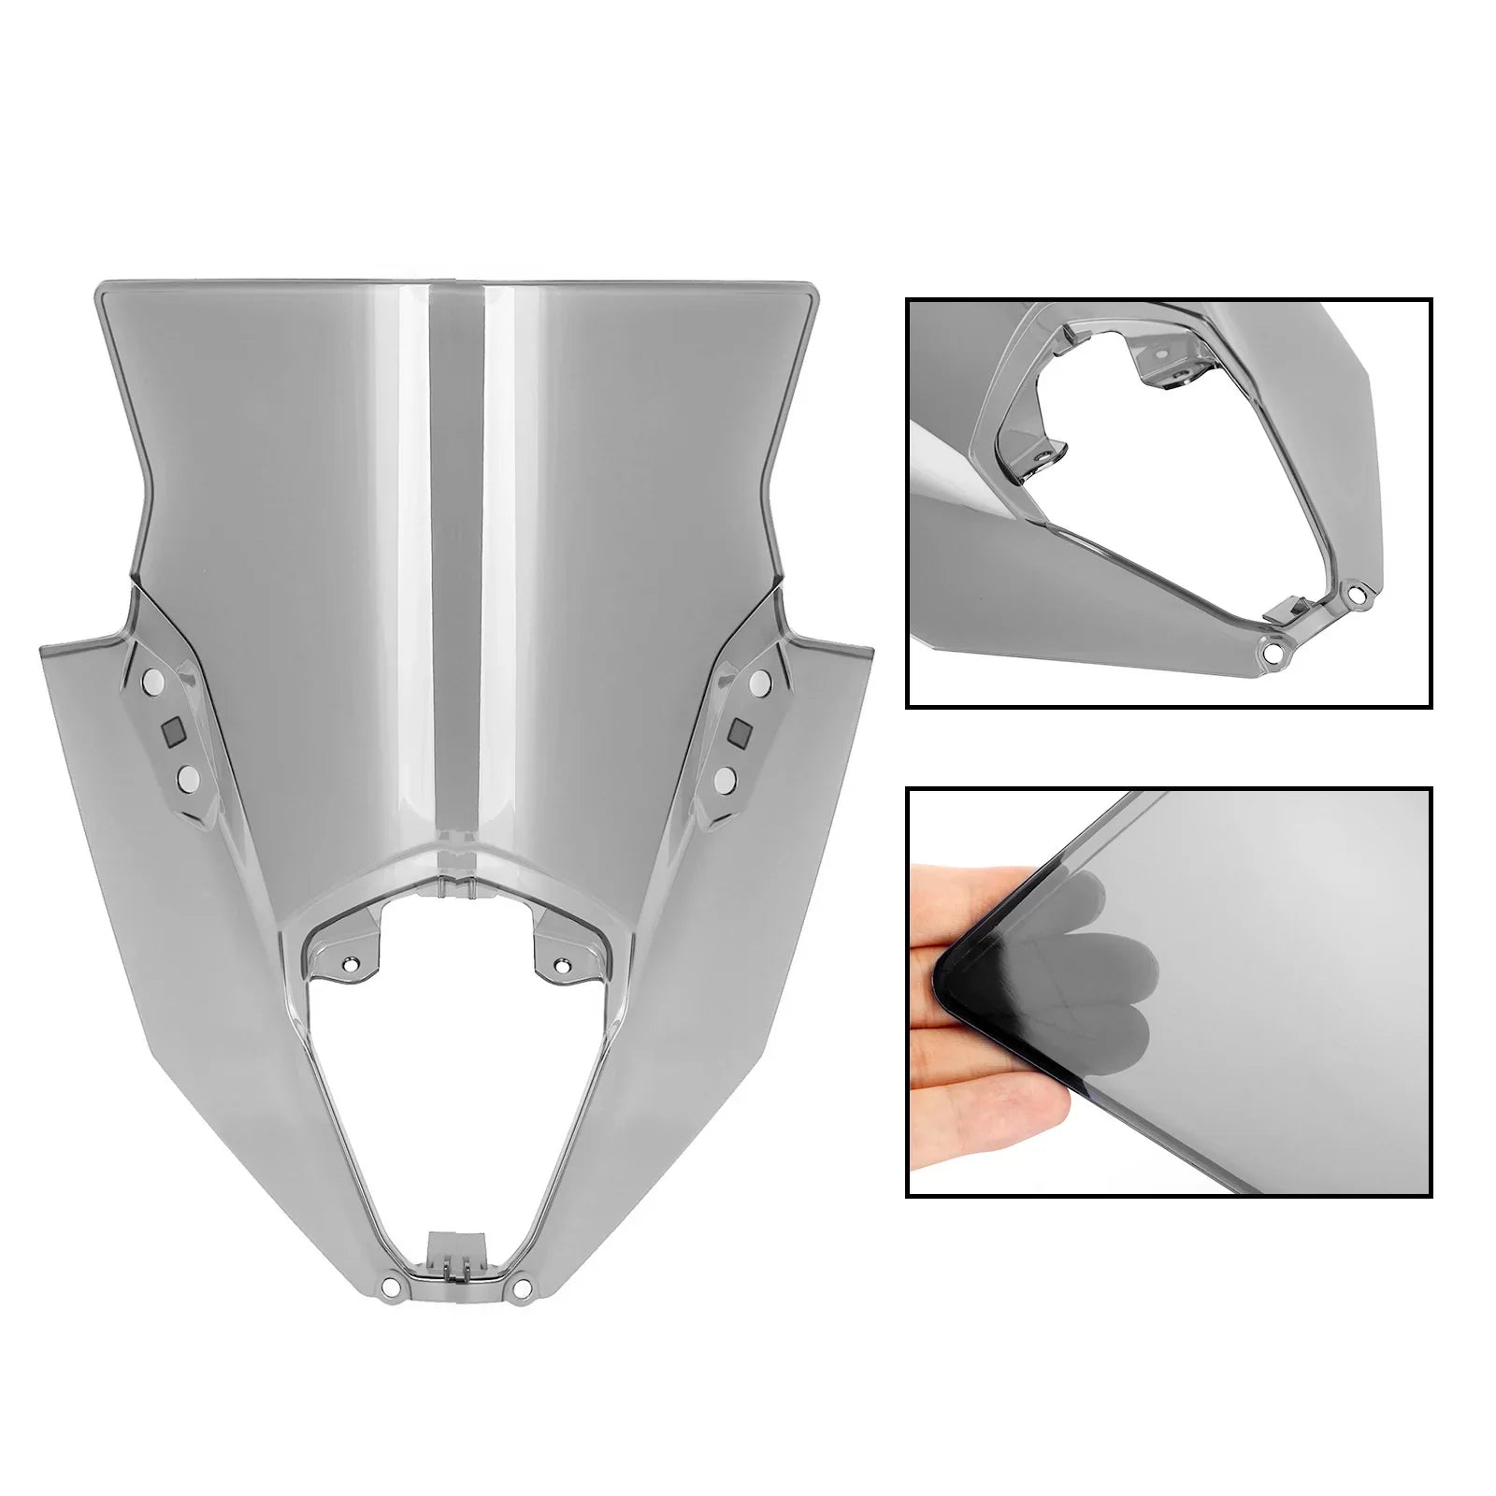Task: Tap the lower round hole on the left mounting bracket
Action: (x=187, y=776)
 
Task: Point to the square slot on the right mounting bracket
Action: (x=741, y=729)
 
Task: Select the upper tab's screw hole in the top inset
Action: (x=1162, y=354)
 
